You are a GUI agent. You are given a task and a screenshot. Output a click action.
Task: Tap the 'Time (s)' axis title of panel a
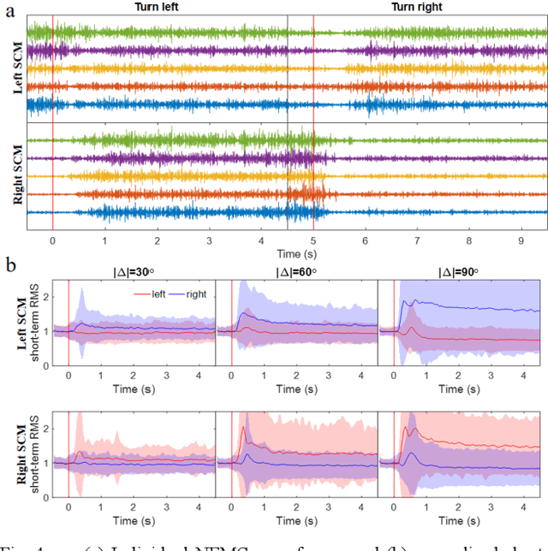287,254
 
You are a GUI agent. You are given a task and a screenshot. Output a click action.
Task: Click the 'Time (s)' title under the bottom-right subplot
458,521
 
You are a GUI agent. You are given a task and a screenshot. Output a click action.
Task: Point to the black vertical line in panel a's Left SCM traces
288,68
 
